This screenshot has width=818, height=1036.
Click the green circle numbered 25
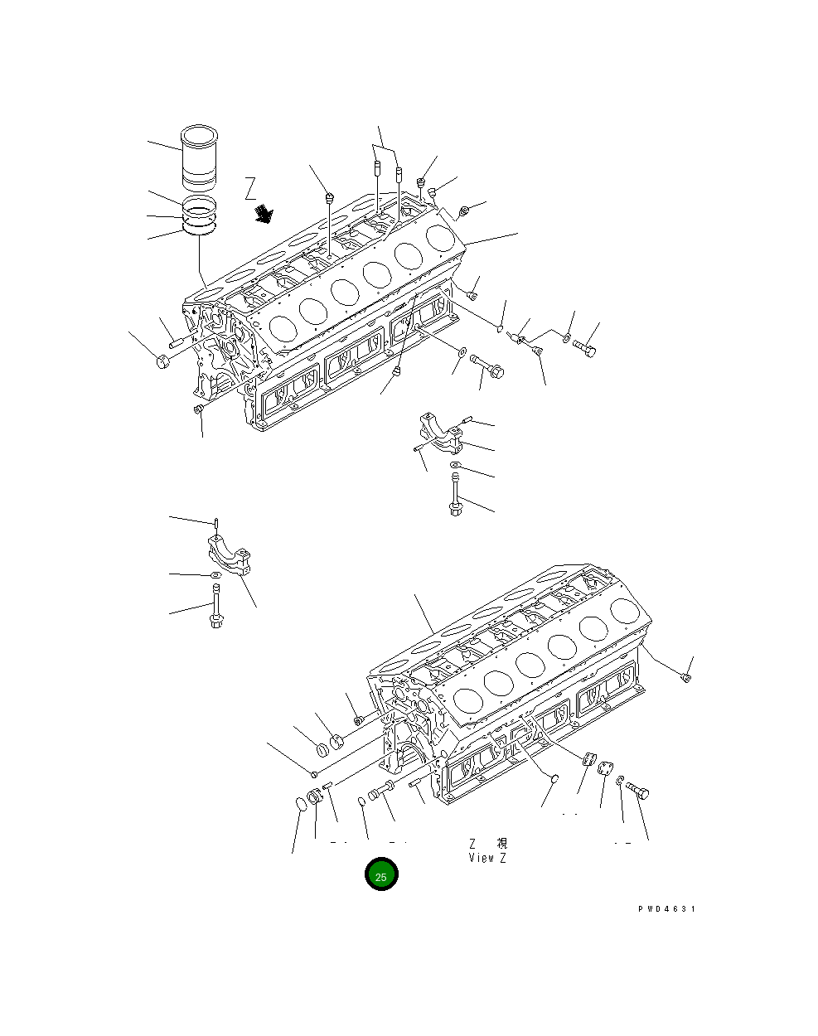coord(381,875)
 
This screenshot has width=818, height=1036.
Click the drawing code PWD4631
coord(666,909)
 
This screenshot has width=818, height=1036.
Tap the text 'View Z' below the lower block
coord(486,858)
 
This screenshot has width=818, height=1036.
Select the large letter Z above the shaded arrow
coord(251,189)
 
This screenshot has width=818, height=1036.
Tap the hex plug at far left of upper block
coord(162,362)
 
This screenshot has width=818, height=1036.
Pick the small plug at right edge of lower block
coord(685,679)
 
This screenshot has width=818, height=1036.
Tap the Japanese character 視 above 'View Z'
coord(501,843)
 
